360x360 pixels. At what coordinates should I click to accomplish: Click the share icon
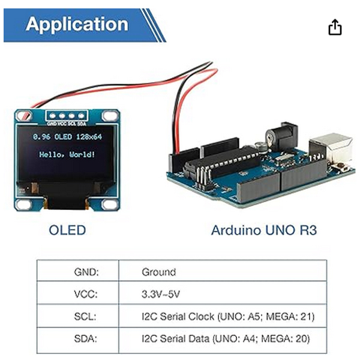[x=335, y=27]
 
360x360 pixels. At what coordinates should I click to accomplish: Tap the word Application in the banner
[x=77, y=25]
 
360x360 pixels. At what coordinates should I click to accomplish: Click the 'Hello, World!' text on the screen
[x=67, y=155]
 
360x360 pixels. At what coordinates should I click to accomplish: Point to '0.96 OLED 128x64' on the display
[x=67, y=137]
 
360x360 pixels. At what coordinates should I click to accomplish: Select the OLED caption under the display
[x=67, y=230]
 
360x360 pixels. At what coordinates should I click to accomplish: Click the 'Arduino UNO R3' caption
[x=264, y=230]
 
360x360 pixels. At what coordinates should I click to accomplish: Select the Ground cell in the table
[x=159, y=272]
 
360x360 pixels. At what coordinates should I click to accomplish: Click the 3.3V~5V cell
[x=161, y=294]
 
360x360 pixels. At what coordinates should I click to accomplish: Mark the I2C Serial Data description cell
[x=226, y=339]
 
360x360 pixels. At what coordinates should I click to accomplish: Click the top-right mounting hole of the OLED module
[x=109, y=116]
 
